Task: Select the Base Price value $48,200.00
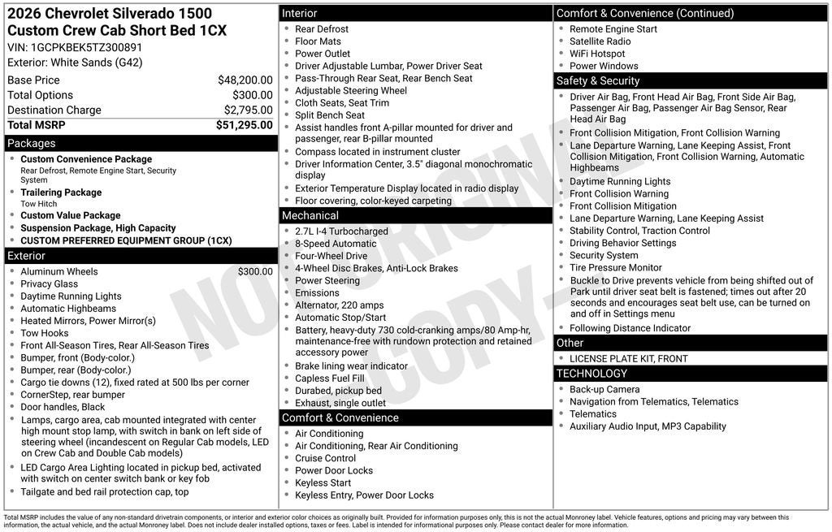pos(245,80)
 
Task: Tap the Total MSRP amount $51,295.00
pos(244,125)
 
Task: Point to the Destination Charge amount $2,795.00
pos(248,110)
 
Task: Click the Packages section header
pos(32,144)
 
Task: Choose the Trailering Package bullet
pos(61,192)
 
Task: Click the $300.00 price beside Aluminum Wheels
pos(255,272)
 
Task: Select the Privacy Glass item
pos(50,284)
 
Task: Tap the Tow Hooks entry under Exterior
pos(45,333)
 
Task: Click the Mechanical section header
pos(310,216)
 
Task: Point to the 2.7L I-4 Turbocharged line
pos(341,231)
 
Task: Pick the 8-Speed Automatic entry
pos(336,244)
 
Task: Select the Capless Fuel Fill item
pos(330,378)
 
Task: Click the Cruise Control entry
pos(325,458)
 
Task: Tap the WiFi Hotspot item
pos(597,54)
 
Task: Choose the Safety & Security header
pos(598,81)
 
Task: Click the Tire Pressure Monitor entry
pos(616,267)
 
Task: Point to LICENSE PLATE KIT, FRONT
pos(629,358)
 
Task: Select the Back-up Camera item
pos(604,390)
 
